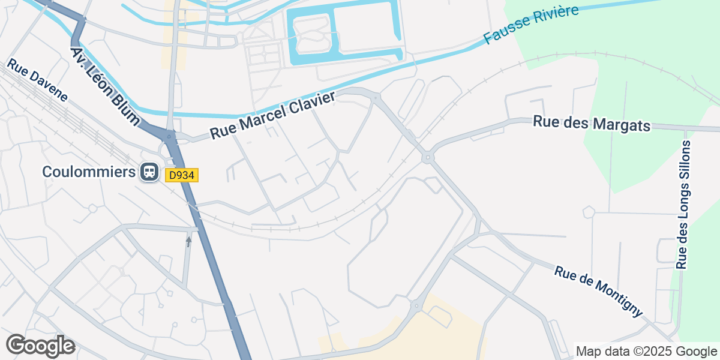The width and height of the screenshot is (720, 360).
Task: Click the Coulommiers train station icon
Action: (x=148, y=172)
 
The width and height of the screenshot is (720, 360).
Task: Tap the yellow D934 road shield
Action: (x=181, y=175)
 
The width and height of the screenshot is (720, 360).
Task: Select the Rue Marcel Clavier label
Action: (x=272, y=116)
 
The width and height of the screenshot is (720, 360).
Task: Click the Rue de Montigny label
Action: (x=598, y=292)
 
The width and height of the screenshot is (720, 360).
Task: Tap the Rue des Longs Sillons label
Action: (x=683, y=205)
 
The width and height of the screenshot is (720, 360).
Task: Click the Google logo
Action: (x=40, y=346)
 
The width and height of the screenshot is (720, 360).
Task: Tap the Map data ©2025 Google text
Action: (x=646, y=351)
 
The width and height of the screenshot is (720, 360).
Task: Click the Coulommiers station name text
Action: (x=89, y=172)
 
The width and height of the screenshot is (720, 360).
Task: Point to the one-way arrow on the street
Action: (x=188, y=241)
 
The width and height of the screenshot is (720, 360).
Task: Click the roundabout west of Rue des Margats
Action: (x=428, y=158)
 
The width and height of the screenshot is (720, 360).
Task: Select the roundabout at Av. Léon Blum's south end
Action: (x=171, y=137)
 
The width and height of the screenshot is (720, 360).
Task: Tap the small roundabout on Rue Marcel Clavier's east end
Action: (x=376, y=97)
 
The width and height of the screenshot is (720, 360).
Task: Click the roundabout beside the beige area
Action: (x=415, y=306)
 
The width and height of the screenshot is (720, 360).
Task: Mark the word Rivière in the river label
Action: (x=554, y=17)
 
